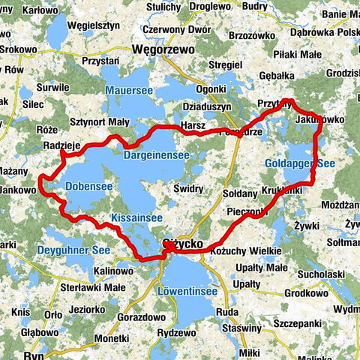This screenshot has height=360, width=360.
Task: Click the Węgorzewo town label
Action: (163, 49)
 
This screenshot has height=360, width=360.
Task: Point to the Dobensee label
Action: (88, 186)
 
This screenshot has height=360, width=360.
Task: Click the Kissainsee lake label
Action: (136, 217)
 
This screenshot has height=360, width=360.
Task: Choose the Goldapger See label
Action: (300, 163)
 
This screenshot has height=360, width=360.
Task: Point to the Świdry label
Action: (189, 188)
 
